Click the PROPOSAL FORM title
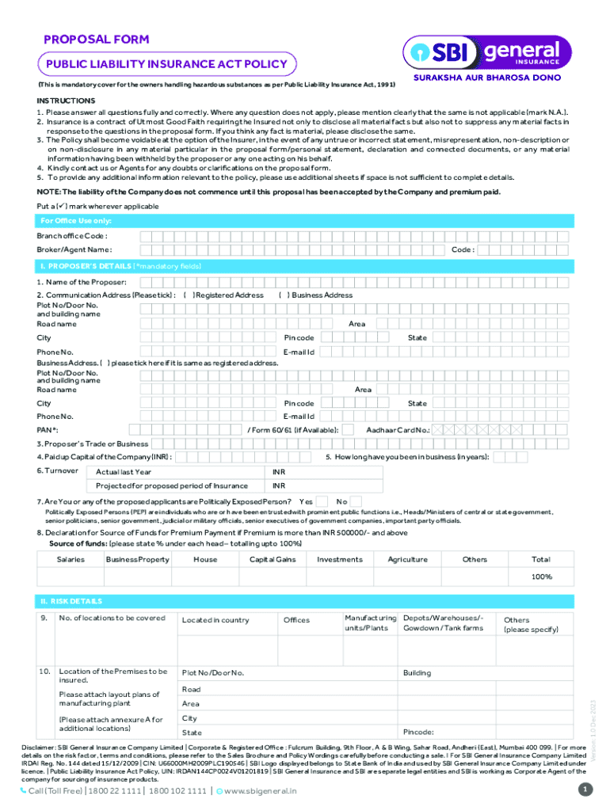pyautogui.click(x=96, y=39)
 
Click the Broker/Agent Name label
pyautogui.click(x=68, y=250)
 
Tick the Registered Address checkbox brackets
pyautogui.click(x=188, y=295)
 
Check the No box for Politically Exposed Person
pyautogui.click(x=356, y=501)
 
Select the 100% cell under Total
pyautogui.click(x=541, y=577)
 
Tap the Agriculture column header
pyautogui.click(x=407, y=559)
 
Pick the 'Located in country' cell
pyautogui.click(x=215, y=620)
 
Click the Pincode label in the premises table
pyautogui.click(x=418, y=733)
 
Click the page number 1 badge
pyautogui.click(x=585, y=790)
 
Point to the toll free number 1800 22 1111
pyautogui.click(x=110, y=791)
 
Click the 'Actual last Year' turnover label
pyautogui.click(x=124, y=472)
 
